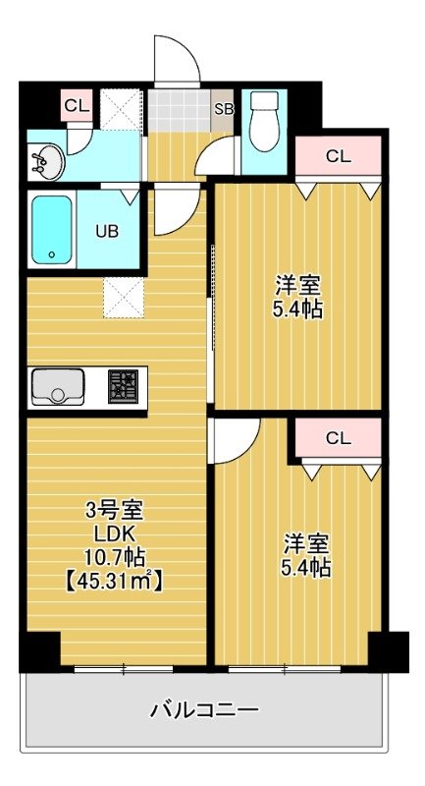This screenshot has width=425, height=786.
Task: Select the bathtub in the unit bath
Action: click(x=52, y=229)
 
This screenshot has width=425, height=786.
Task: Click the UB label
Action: click(x=107, y=231)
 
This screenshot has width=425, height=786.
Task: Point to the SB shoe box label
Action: click(x=224, y=109)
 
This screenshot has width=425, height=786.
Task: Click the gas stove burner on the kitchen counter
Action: click(x=123, y=386)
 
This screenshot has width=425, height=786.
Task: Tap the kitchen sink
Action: click(x=58, y=386)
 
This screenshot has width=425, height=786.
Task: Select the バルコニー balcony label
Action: click(x=205, y=709)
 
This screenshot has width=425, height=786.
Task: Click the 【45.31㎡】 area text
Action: click(x=114, y=581)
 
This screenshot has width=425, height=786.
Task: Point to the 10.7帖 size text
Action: click(x=115, y=557)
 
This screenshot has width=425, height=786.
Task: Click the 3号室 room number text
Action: click(x=115, y=511)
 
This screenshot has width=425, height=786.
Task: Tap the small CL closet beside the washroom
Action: click(x=78, y=105)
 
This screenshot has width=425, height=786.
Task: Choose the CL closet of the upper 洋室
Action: click(x=338, y=156)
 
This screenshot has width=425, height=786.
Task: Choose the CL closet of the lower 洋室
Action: click(x=338, y=438)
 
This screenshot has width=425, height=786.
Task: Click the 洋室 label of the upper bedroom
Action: click(x=296, y=287)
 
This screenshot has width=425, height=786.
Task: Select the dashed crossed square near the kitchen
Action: click(x=124, y=298)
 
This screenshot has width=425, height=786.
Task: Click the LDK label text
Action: click(x=115, y=534)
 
